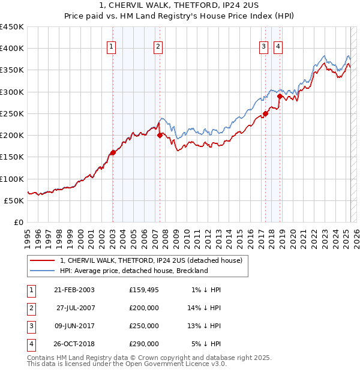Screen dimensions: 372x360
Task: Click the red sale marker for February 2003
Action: coord(113,152)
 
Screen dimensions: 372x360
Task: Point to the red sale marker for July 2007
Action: coord(160,135)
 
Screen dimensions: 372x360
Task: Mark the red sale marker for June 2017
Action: coord(265,113)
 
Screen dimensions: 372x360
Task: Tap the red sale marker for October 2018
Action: coord(280,96)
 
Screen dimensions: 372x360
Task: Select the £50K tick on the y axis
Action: coord(14,200)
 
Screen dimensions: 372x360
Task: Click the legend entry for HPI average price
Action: coord(133,271)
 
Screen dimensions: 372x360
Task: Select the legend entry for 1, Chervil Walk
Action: coord(151,260)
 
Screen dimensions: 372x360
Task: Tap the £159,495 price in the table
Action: coord(144,290)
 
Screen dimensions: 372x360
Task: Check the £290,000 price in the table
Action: coord(144,344)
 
